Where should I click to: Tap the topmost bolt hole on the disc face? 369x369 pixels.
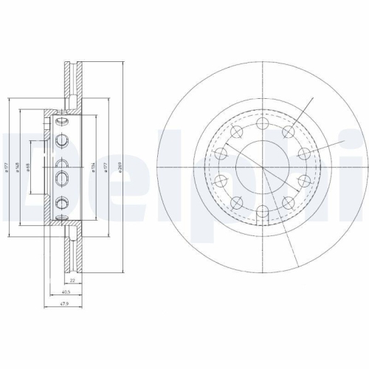tap(263, 124)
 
